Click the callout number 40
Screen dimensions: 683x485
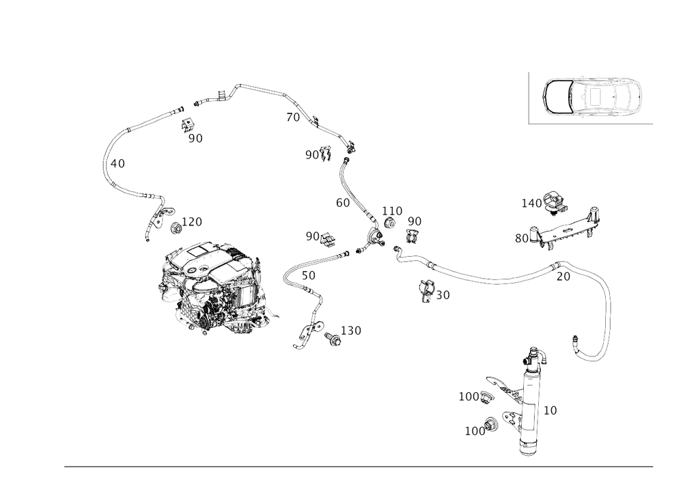(117, 164)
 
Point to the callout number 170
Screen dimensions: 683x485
(194, 221)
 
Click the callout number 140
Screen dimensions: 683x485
(531, 202)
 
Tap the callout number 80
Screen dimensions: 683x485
(522, 237)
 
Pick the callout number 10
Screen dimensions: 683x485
(550, 410)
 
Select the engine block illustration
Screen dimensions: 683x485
(212, 287)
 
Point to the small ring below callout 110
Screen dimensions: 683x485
(391, 223)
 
